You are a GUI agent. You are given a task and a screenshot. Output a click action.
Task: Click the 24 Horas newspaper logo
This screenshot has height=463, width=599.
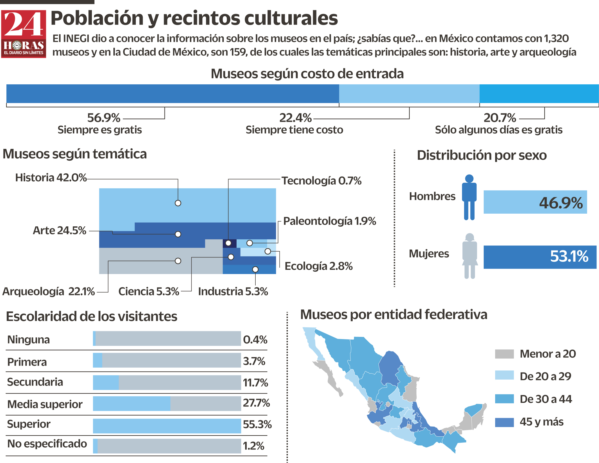(x=24, y=34)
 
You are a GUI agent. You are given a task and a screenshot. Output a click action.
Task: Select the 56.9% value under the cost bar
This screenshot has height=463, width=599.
(x=103, y=118)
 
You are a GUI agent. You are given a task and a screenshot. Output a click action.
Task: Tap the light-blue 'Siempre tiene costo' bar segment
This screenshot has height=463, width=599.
(x=409, y=94)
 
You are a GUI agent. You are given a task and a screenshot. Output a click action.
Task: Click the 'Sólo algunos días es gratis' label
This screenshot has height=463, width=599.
(x=498, y=130)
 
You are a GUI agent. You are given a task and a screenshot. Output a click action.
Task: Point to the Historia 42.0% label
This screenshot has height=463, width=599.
(x=51, y=178)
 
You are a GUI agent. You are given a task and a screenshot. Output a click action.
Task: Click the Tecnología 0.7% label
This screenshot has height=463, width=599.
(x=321, y=181)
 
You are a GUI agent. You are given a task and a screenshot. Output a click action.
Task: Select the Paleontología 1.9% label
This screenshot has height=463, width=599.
(x=329, y=221)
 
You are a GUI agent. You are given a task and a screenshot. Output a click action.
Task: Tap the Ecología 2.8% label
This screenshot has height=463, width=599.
(x=318, y=266)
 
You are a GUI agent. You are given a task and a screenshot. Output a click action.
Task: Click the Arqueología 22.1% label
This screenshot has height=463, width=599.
(x=49, y=291)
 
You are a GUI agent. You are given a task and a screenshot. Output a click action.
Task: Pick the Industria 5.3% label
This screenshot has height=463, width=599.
(x=233, y=291)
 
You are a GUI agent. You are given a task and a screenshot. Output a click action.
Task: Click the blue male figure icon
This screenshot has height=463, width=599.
(x=469, y=197)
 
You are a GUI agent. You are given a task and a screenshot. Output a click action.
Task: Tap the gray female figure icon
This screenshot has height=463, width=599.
(x=469, y=256)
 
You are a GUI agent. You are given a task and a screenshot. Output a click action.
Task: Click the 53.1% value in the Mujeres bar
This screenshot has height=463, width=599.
(x=569, y=256)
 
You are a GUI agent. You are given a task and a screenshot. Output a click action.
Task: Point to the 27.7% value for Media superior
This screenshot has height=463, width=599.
(x=256, y=403)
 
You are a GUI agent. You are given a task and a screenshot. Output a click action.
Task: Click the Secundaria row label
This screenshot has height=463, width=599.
(x=35, y=382)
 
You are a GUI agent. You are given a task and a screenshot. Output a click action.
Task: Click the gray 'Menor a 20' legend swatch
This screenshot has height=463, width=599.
(x=504, y=354)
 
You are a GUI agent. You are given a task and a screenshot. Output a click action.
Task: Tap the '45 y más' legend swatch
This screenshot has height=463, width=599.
(x=504, y=422)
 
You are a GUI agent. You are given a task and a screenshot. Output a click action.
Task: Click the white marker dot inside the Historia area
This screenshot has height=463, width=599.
(x=178, y=203)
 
